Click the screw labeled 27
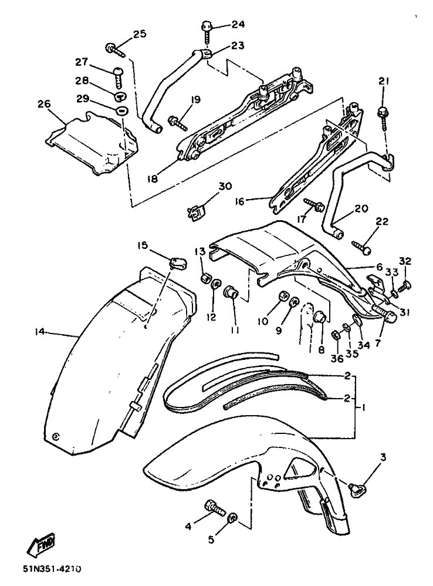(x=117, y=76)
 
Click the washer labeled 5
(x=232, y=517)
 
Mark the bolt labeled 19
(x=177, y=123)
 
